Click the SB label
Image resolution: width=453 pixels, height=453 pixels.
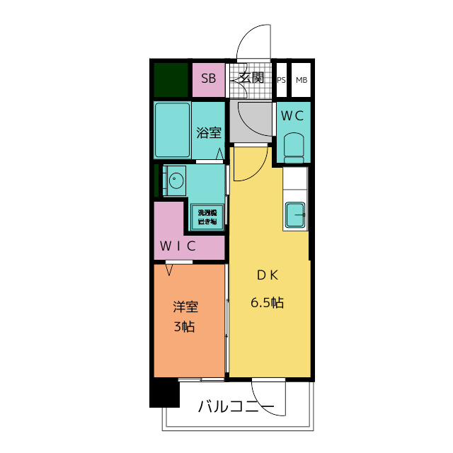(x=209, y=79)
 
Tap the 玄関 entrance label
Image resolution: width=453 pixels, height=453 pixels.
(x=251, y=78)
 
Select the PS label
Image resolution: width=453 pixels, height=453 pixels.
(x=282, y=80)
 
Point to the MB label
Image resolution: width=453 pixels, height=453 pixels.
(x=302, y=80)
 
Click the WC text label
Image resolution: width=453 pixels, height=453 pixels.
(x=292, y=115)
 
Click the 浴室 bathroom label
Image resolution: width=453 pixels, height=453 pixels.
(x=209, y=132)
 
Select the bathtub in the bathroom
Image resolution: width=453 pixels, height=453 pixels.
(x=173, y=130)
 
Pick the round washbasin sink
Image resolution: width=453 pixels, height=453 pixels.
(x=174, y=180)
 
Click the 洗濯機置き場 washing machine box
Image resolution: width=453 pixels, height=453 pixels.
(x=207, y=217)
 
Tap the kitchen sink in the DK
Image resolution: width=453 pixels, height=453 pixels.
(x=295, y=214)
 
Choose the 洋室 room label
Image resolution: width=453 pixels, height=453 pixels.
(x=186, y=306)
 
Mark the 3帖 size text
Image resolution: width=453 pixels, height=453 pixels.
(x=185, y=327)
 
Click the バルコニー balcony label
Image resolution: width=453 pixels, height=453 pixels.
(x=236, y=407)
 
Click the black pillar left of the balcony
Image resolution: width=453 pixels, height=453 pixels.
(x=164, y=394)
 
